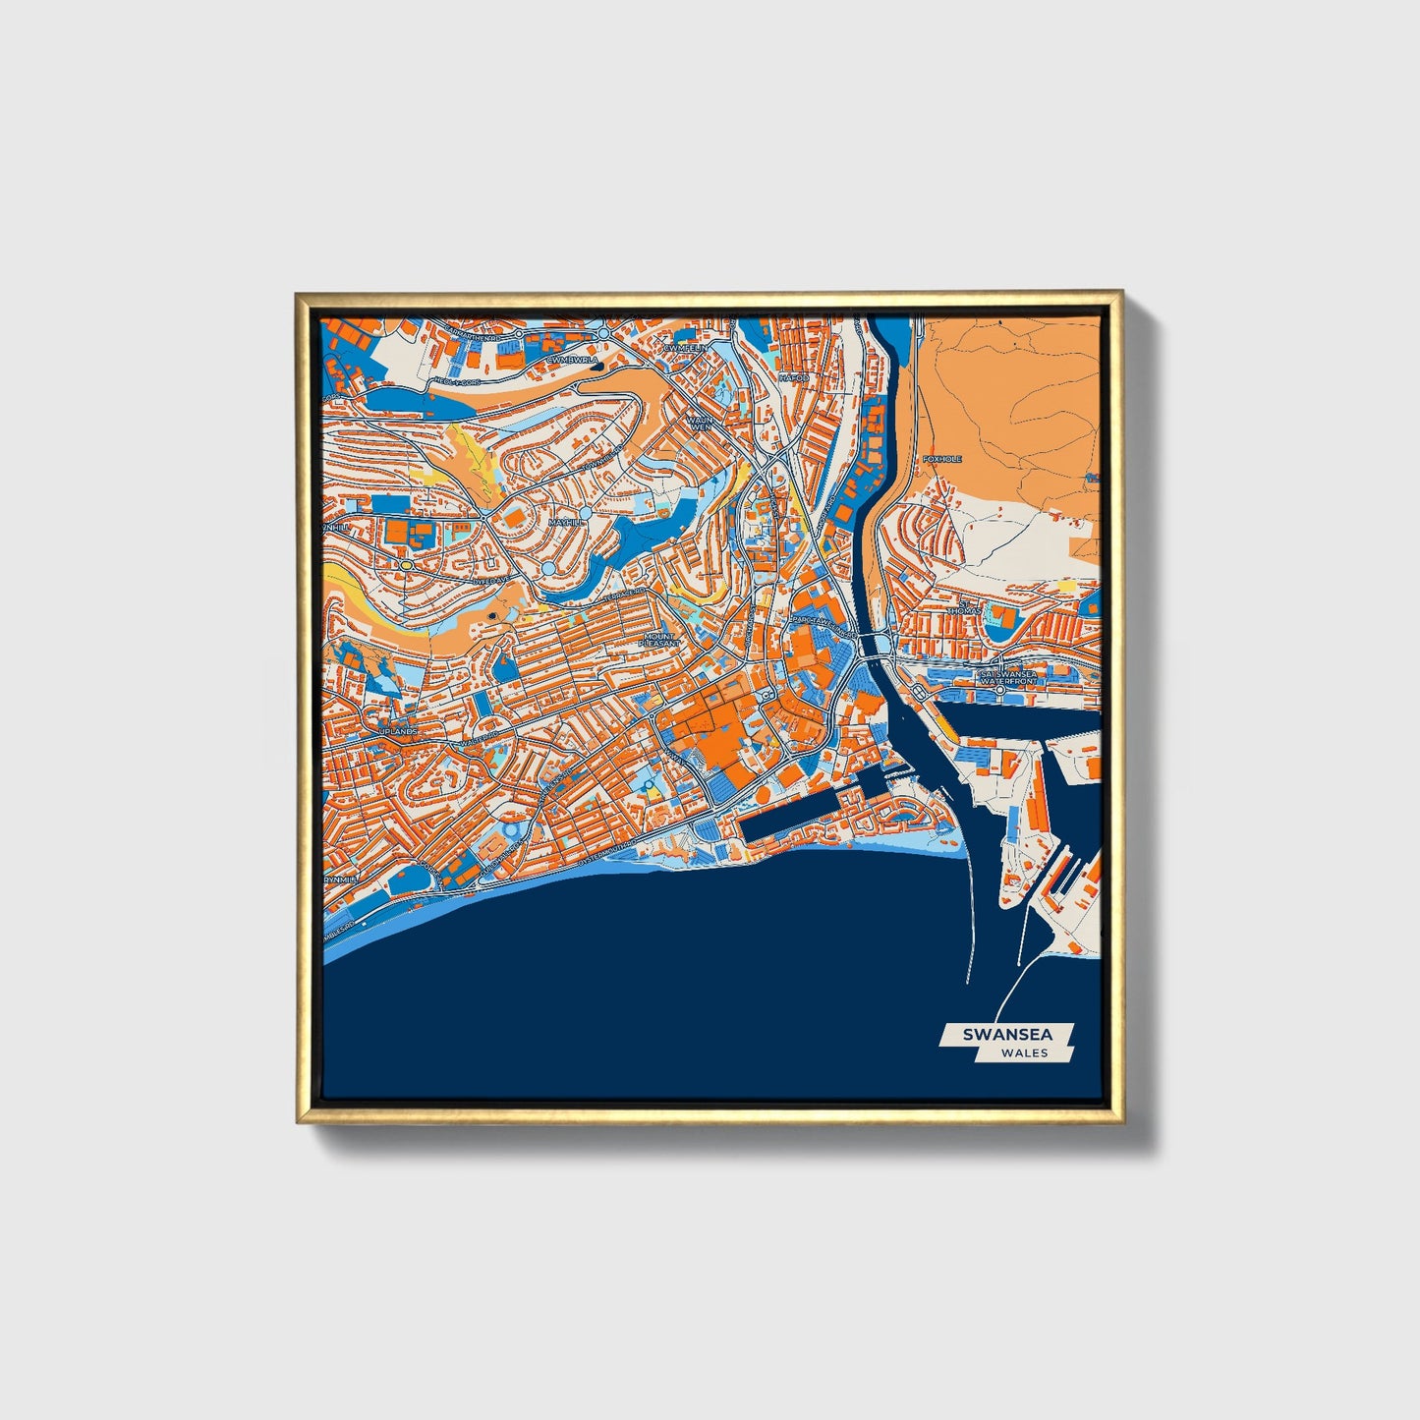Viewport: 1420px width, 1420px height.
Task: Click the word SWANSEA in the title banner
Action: tap(1007, 1035)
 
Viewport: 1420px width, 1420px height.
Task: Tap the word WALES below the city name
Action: tap(1024, 1053)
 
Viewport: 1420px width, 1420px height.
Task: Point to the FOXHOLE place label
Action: tap(942, 459)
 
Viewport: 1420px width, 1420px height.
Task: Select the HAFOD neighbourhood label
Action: tap(793, 377)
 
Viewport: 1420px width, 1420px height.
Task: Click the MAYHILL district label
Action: tap(566, 522)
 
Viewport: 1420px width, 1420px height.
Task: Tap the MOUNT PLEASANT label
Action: tap(658, 640)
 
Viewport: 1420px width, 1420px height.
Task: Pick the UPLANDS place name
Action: tap(399, 732)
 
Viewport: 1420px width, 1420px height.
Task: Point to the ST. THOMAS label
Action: tap(964, 610)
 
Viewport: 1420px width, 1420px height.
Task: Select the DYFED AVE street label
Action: tap(491, 581)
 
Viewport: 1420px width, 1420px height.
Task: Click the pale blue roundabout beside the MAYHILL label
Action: tap(586, 513)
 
